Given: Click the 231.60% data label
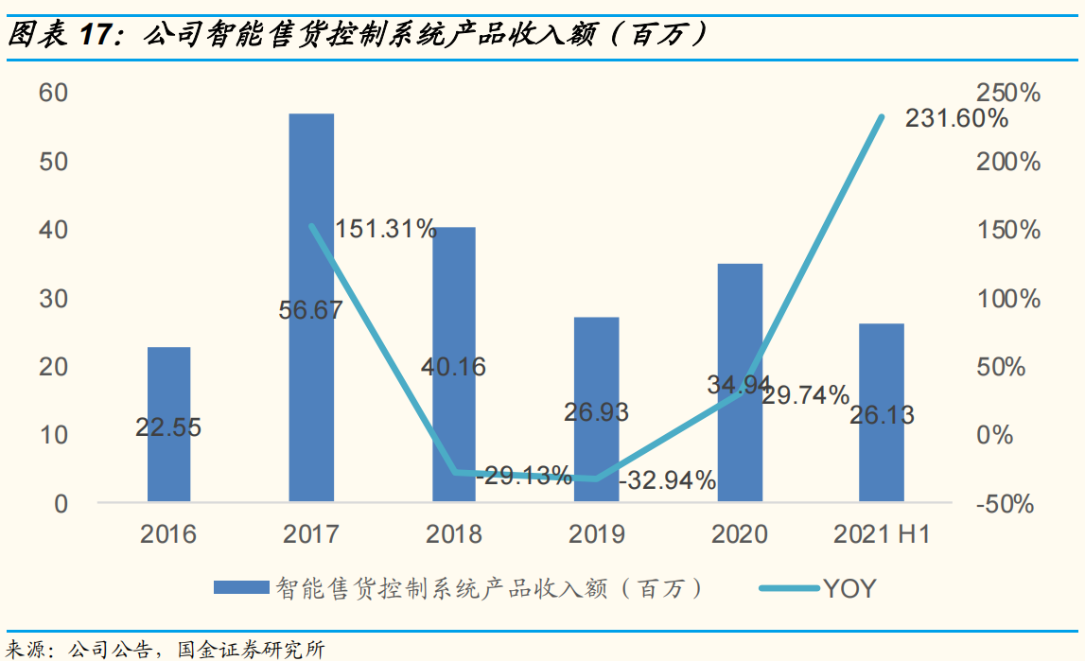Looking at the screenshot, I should [956, 119].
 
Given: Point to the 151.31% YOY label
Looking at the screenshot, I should [386, 229].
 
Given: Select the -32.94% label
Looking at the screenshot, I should [667, 480].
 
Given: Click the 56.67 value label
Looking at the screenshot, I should [311, 310].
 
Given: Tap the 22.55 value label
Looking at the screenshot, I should [168, 427].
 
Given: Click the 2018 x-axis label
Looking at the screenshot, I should [454, 534].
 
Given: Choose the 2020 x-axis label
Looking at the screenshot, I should [739, 534].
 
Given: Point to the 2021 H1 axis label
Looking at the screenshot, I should [882, 534].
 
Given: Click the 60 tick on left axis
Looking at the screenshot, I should [53, 93].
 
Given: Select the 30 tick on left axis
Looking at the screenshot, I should [53, 299].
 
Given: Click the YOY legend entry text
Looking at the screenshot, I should [849, 589].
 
